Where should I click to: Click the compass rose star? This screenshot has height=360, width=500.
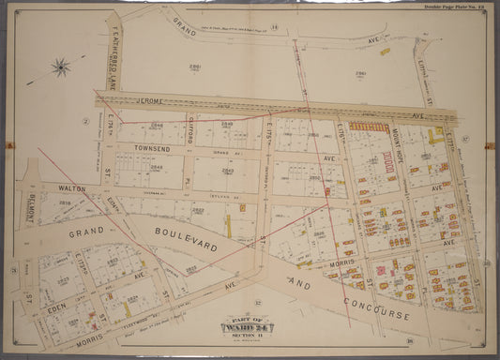tap(61, 67)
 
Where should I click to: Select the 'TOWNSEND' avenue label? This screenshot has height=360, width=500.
tap(136, 148)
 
